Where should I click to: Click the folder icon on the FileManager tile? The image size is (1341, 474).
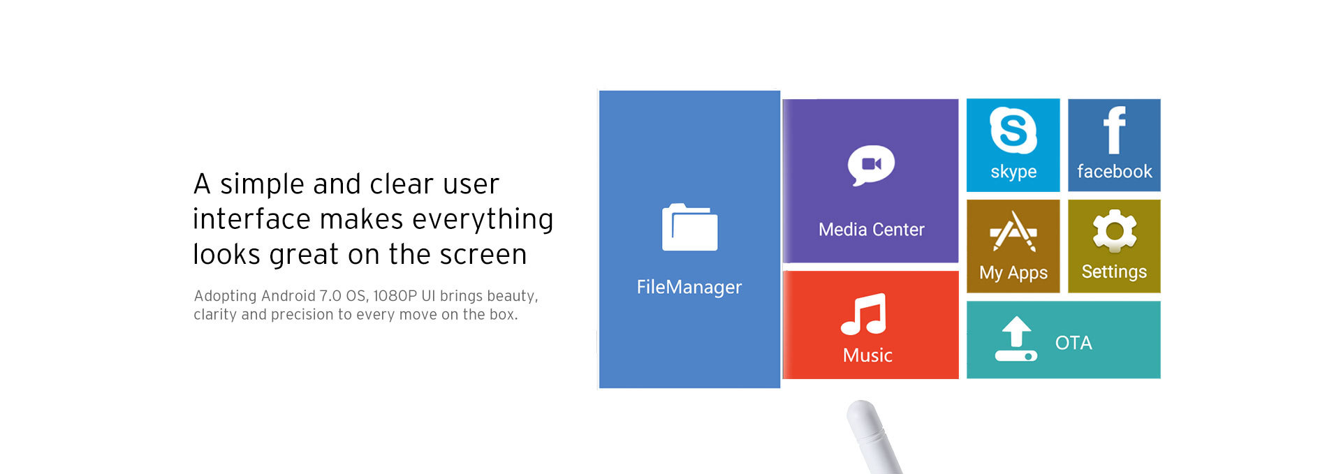click(x=689, y=227)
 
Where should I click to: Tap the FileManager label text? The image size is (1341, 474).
click(x=689, y=287)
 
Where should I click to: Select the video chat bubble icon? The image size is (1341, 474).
click(x=871, y=165)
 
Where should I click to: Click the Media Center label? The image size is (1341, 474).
click(x=871, y=230)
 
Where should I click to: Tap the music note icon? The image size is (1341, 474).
click(x=864, y=314)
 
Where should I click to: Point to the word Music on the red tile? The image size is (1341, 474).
click(x=867, y=355)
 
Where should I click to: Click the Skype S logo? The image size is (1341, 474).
click(x=1013, y=131)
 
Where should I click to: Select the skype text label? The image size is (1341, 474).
click(x=1013, y=172)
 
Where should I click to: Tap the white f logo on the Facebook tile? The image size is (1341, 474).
click(x=1114, y=130)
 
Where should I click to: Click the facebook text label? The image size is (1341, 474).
click(x=1115, y=171)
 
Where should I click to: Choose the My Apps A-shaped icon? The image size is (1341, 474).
click(x=1013, y=231)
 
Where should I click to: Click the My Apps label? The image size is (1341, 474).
click(x=1013, y=273)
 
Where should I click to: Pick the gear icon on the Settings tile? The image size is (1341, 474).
click(x=1115, y=231)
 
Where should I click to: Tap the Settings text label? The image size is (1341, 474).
click(x=1114, y=272)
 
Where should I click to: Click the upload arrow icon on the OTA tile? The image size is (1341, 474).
click(x=1016, y=339)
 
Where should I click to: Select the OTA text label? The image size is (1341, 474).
click(x=1073, y=343)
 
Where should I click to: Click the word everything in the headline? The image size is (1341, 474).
click(x=483, y=220)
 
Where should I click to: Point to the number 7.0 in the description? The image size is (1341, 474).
click(x=331, y=296)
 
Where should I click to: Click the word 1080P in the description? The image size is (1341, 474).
click(x=395, y=296)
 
